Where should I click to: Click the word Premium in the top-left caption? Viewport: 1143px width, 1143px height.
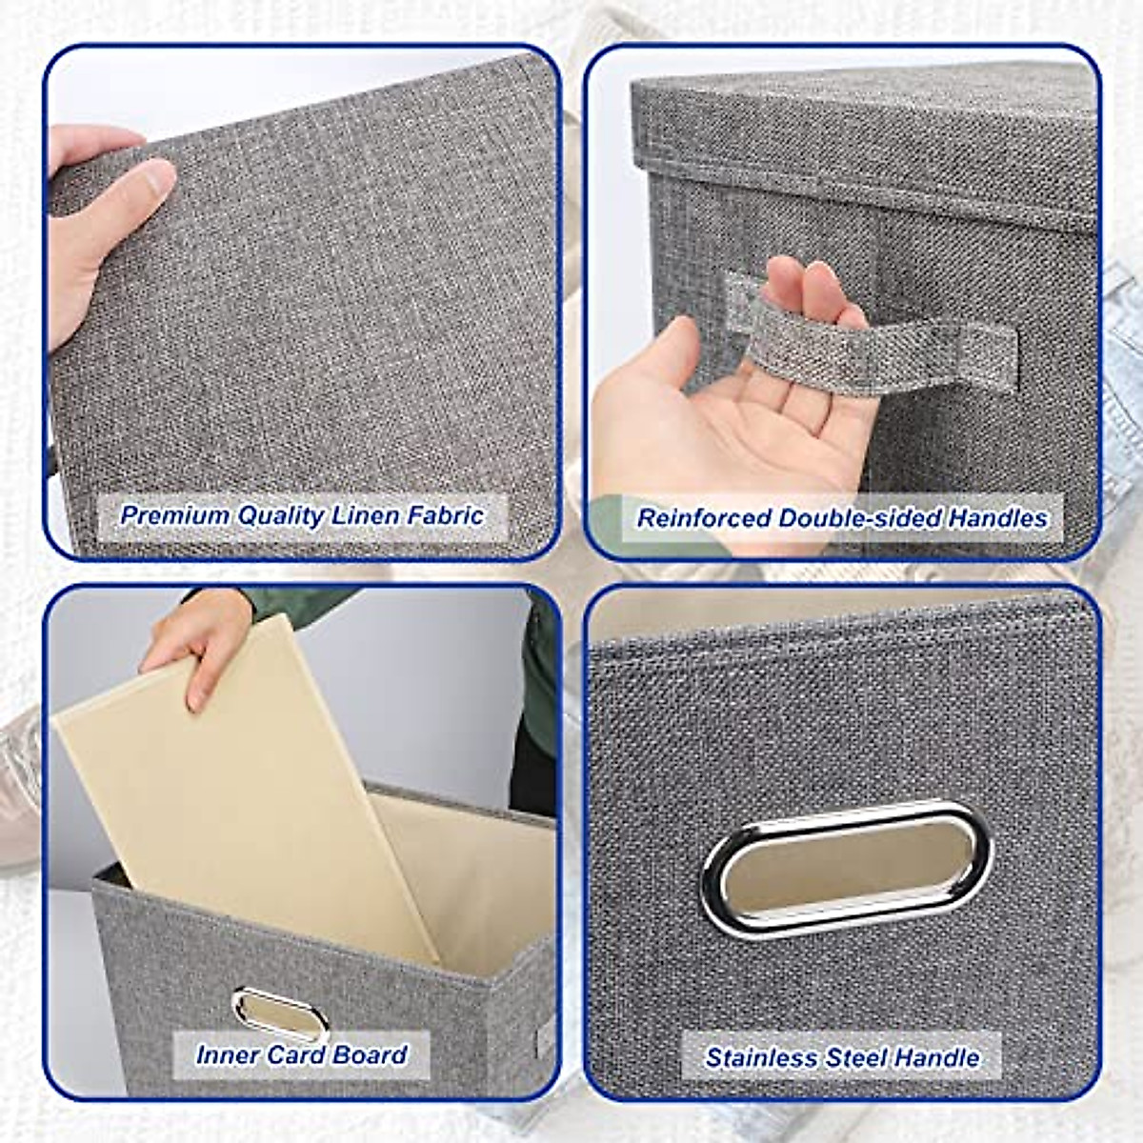pos(173,515)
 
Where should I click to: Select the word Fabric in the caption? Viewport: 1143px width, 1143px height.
pos(446,515)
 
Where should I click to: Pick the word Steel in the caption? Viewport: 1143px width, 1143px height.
pos(856,1057)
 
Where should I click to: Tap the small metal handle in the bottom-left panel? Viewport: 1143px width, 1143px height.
pos(280,1011)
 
